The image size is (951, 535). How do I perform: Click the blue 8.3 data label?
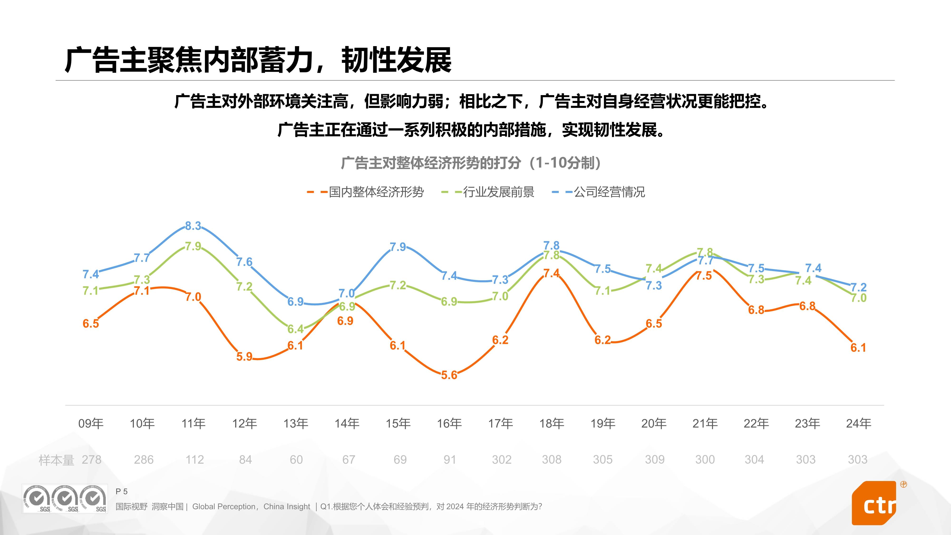[193, 226]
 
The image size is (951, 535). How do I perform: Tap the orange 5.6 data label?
[449, 375]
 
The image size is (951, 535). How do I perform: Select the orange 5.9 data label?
[244, 357]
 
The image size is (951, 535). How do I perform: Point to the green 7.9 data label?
[193, 246]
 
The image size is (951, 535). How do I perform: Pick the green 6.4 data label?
[295, 329]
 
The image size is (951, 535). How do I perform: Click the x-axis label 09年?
[91, 423]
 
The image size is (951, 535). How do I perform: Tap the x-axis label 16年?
[449, 423]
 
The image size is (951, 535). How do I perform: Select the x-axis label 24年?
[858, 423]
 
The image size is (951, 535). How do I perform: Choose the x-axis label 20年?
[654, 423]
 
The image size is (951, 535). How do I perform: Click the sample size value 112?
[194, 460]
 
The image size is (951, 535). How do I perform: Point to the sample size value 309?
[655, 460]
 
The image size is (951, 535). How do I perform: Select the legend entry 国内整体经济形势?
[376, 192]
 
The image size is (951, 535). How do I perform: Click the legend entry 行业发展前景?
[498, 192]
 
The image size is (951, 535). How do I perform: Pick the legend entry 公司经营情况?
[609, 192]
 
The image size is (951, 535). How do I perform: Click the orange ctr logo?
[874, 503]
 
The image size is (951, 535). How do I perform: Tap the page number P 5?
[121, 491]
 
